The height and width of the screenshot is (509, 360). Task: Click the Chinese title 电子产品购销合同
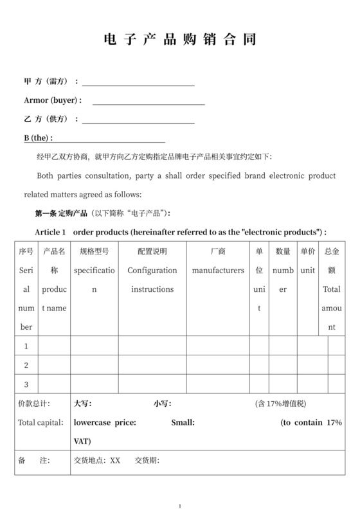point(180,40)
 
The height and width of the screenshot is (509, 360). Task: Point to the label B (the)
point(38,138)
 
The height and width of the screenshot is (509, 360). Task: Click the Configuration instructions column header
point(152,280)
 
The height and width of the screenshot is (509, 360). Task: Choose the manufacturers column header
point(218,271)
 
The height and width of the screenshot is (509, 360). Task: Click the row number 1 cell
point(26,346)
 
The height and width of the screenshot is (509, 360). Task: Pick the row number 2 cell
point(26,365)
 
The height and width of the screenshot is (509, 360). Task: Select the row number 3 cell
point(26,384)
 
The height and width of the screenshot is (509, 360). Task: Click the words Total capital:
point(40,422)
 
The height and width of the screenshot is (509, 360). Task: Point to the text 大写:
point(83,404)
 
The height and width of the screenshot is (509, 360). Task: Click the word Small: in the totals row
point(183,422)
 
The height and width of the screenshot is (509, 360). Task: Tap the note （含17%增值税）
point(281,404)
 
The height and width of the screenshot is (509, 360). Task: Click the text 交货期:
point(147,460)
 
